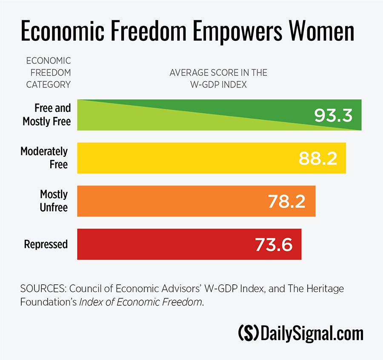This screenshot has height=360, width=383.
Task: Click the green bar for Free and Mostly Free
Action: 191,115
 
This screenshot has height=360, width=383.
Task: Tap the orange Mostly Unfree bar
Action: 170,201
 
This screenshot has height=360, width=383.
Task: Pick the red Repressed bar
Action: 162,244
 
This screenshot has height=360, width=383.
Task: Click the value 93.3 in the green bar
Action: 333,115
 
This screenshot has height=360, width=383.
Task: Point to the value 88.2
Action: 317,158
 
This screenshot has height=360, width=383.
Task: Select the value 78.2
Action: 286,201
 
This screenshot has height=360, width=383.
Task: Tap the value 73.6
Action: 274,244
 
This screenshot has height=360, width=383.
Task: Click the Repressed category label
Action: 46,244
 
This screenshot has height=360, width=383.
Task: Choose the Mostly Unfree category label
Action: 54,201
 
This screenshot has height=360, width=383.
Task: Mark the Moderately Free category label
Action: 44,157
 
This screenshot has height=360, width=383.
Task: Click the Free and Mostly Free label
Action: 47,115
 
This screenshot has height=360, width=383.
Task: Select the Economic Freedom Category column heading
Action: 49,73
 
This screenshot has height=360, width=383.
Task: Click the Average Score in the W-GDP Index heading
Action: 218,79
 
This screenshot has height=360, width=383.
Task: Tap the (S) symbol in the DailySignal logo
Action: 248,333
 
